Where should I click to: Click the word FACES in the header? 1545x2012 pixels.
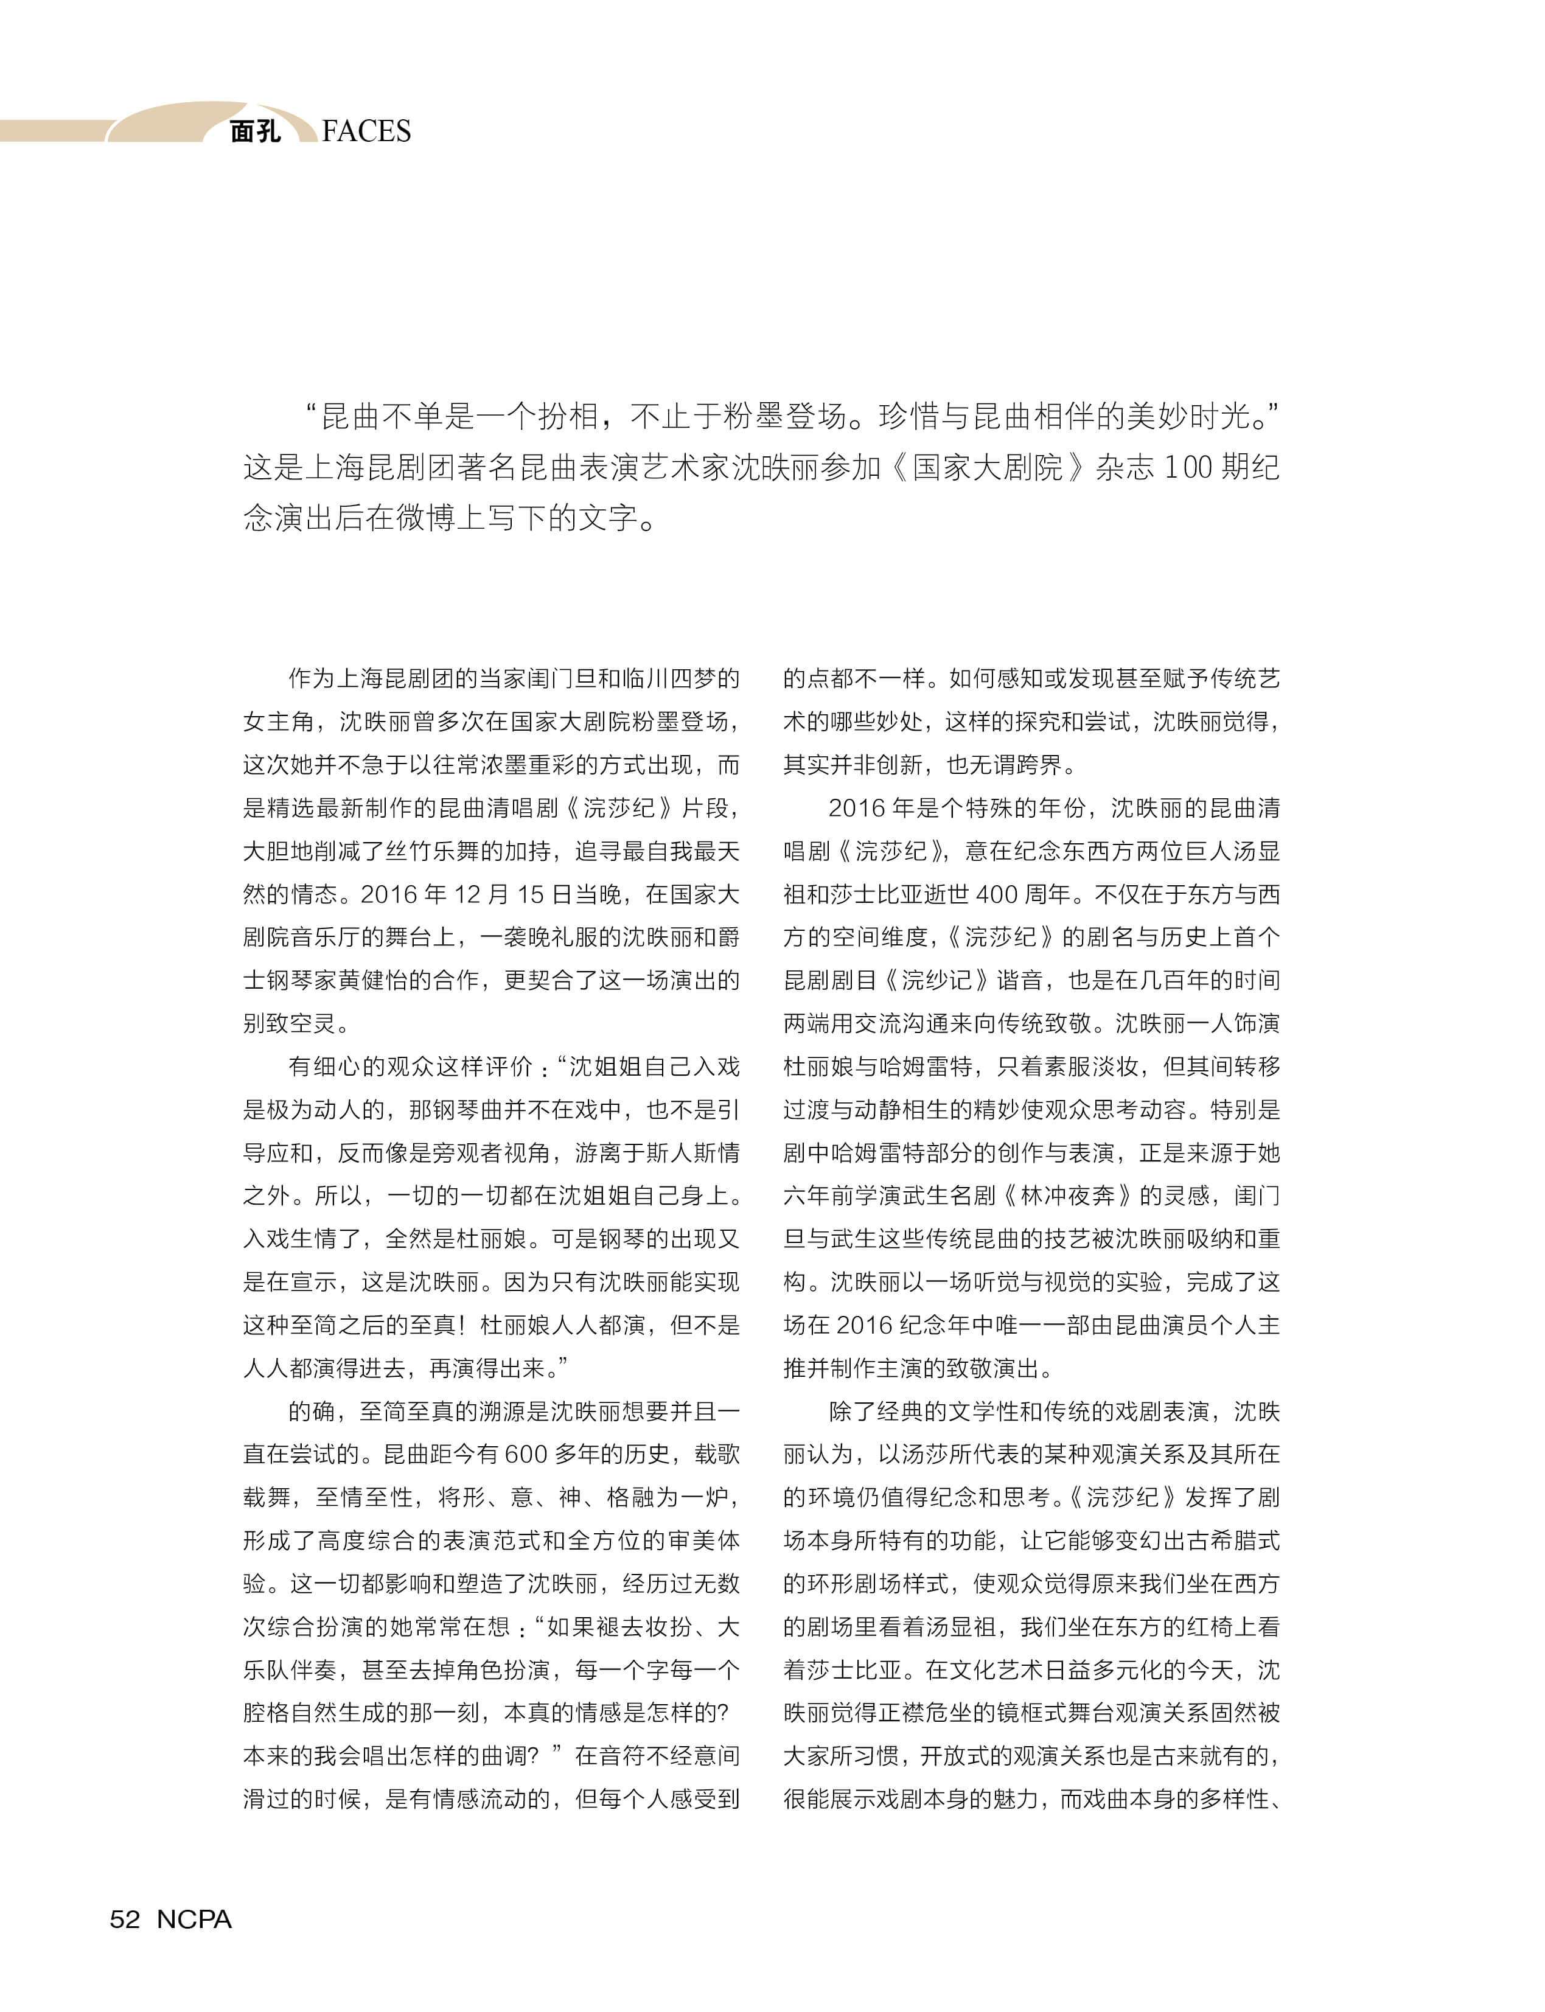366,131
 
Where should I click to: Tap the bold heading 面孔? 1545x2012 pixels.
256,131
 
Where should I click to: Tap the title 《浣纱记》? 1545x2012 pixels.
937,980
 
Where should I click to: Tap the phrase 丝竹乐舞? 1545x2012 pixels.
431,851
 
